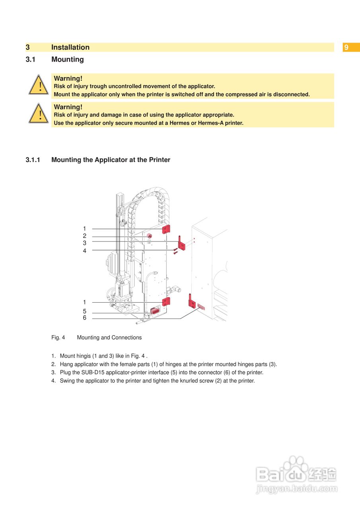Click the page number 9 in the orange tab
coord(346,47)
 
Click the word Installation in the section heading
coord(70,47)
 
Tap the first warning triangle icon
coord(39,85)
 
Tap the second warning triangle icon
coord(39,113)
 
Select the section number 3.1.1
coord(33,160)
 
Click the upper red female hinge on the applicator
coord(166,229)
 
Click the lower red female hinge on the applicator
coord(166,302)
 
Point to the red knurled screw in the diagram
coord(150,236)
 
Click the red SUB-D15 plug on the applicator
coord(155,311)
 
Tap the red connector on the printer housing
coord(200,307)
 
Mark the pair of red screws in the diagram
coord(175,251)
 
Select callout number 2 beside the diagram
coord(84,236)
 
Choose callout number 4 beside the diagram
coord(84,251)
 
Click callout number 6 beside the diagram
coord(84,318)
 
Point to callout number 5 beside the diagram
coord(84,311)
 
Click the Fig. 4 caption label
coord(58,338)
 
